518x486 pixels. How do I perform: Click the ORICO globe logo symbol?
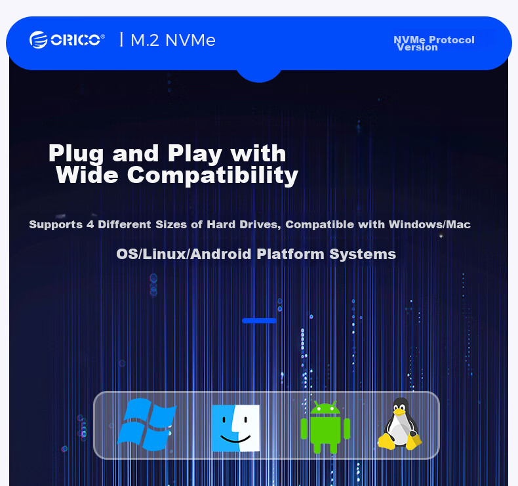38,39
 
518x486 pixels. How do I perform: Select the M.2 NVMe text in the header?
173,40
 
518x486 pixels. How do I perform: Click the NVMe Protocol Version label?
434,43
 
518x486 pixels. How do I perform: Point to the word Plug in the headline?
76,154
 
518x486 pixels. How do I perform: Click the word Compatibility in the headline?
212,175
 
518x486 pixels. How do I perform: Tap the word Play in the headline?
195,154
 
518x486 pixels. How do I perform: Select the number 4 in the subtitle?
90,225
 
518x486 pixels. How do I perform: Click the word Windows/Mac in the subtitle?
429,225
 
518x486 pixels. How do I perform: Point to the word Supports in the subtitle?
56,225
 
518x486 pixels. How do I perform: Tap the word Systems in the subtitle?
363,254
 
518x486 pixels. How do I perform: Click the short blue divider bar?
260,321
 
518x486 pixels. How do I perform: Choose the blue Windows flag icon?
147,424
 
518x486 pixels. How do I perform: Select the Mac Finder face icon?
235,428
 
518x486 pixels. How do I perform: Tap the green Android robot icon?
325,427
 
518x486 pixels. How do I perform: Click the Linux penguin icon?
400,424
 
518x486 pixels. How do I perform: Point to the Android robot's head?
325,409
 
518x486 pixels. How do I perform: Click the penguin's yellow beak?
399,412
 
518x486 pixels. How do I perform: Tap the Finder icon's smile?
235,439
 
